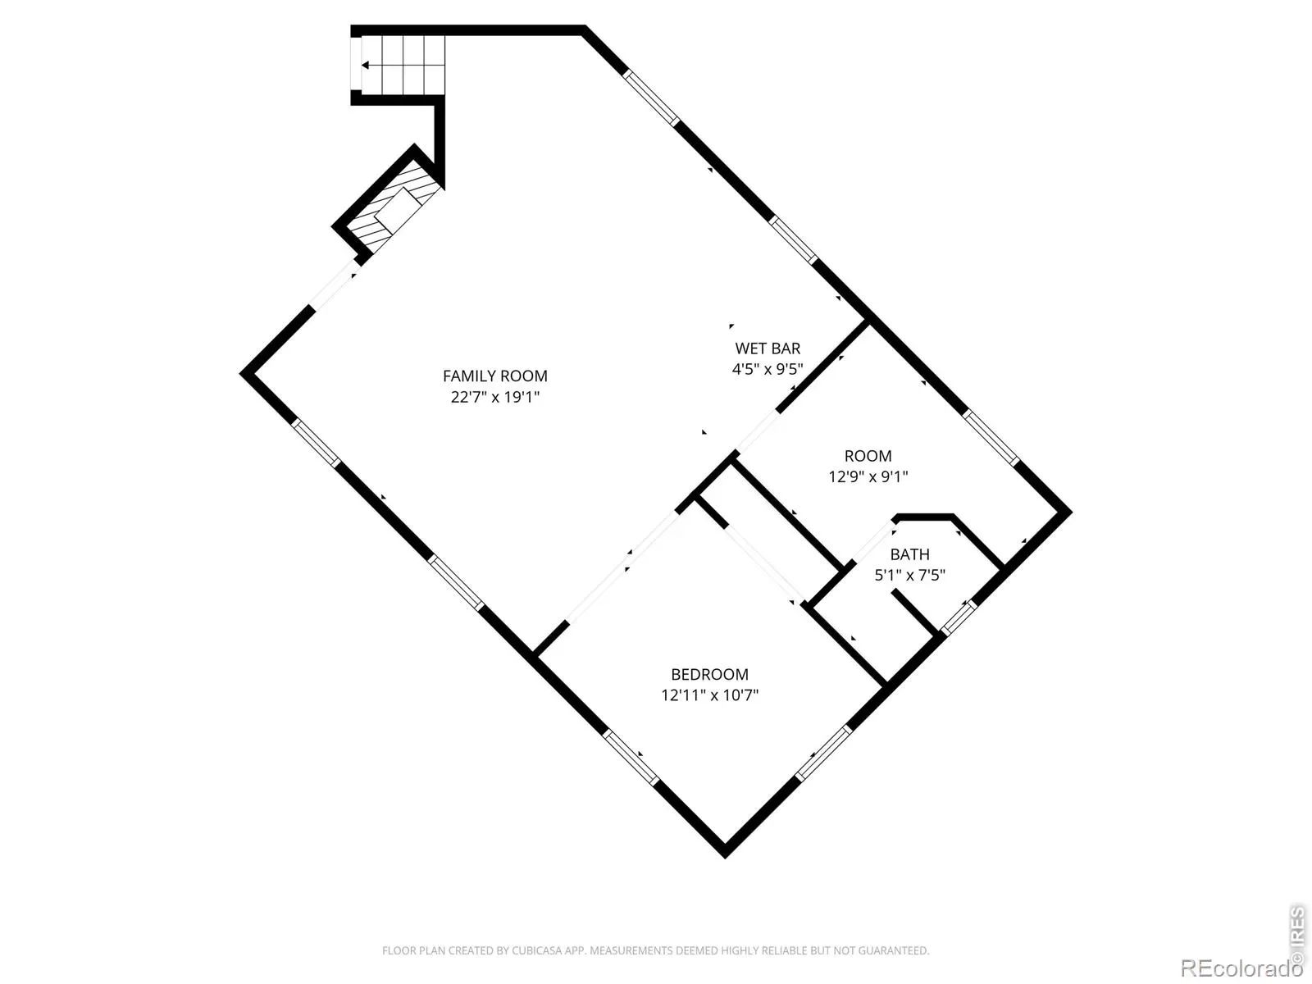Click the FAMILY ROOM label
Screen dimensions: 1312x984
(495, 376)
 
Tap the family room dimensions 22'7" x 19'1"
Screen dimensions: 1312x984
(495, 397)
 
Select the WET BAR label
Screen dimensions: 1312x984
(768, 348)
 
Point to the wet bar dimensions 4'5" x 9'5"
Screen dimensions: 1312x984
(768, 369)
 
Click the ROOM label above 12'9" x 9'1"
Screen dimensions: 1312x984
(868, 456)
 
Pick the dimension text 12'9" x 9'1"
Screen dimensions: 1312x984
(868, 476)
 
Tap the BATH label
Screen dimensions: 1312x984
(909, 554)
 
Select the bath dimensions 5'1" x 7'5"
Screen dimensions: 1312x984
(909, 576)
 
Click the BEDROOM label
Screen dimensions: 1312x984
(709, 675)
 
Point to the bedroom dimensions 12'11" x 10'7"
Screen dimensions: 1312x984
(709, 695)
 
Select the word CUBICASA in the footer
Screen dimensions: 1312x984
(535, 950)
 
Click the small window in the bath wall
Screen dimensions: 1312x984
(959, 617)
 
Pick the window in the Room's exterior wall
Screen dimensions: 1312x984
(991, 438)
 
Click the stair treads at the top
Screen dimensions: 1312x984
(403, 65)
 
